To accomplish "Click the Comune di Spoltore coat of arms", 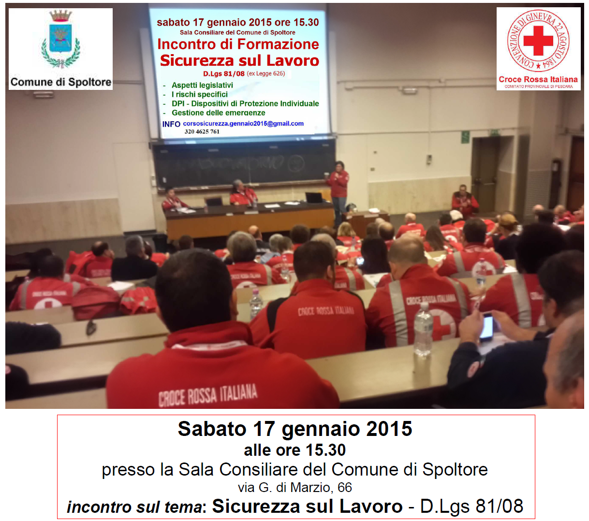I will pos(60,41).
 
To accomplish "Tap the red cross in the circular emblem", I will pos(538,41).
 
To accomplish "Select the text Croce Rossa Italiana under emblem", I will pos(538,79).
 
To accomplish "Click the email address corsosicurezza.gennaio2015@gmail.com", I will pos(243,124).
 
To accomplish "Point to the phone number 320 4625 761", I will pos(202,131).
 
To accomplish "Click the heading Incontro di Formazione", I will pos(238,44).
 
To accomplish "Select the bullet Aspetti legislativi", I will pos(202,85).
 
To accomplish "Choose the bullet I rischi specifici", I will pos(199,94).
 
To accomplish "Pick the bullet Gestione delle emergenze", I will pos(218,113).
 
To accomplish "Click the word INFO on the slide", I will pos(171,124).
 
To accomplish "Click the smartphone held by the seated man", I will pos(487,326).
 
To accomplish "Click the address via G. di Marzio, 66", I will pos(294,487).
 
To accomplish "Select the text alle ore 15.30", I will pos(294,450).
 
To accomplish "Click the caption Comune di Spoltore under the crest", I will pos(60,82).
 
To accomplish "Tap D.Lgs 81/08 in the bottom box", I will pos(471,506).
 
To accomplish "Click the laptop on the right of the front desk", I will pos(314,197).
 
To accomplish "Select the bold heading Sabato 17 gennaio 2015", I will pos(294,429).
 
